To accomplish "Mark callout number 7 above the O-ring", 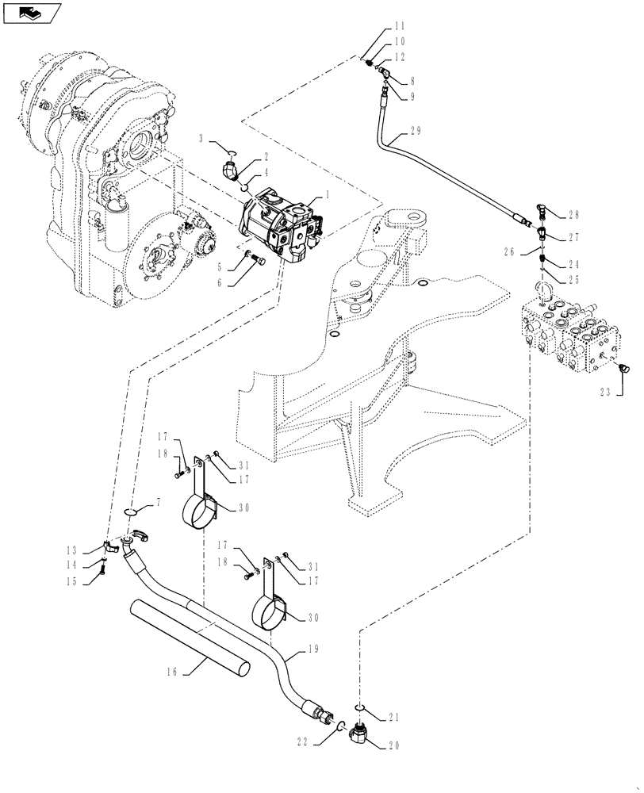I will pyautogui.click(x=159, y=502).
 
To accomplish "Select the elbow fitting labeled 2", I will pyautogui.click(x=230, y=170).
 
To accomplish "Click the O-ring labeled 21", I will pyautogui.click(x=359, y=707).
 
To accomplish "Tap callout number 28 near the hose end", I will pyautogui.click(x=573, y=214).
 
